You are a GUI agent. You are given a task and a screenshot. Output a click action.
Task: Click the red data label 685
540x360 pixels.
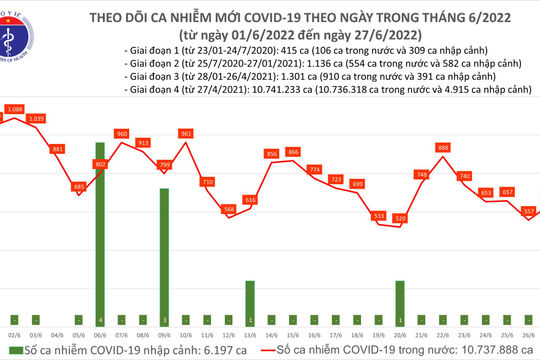click(x=79, y=187)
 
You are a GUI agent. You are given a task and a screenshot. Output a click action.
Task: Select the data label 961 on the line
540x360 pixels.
click(x=185, y=133)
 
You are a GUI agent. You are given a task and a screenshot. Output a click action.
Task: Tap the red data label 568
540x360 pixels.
click(x=229, y=209)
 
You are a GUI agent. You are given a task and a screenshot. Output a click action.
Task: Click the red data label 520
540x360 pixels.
click(x=400, y=218)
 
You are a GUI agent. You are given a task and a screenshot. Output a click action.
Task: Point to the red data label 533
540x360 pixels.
click(x=378, y=215)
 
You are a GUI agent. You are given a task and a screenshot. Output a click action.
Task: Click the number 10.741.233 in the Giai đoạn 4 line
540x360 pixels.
click(x=259, y=89)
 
